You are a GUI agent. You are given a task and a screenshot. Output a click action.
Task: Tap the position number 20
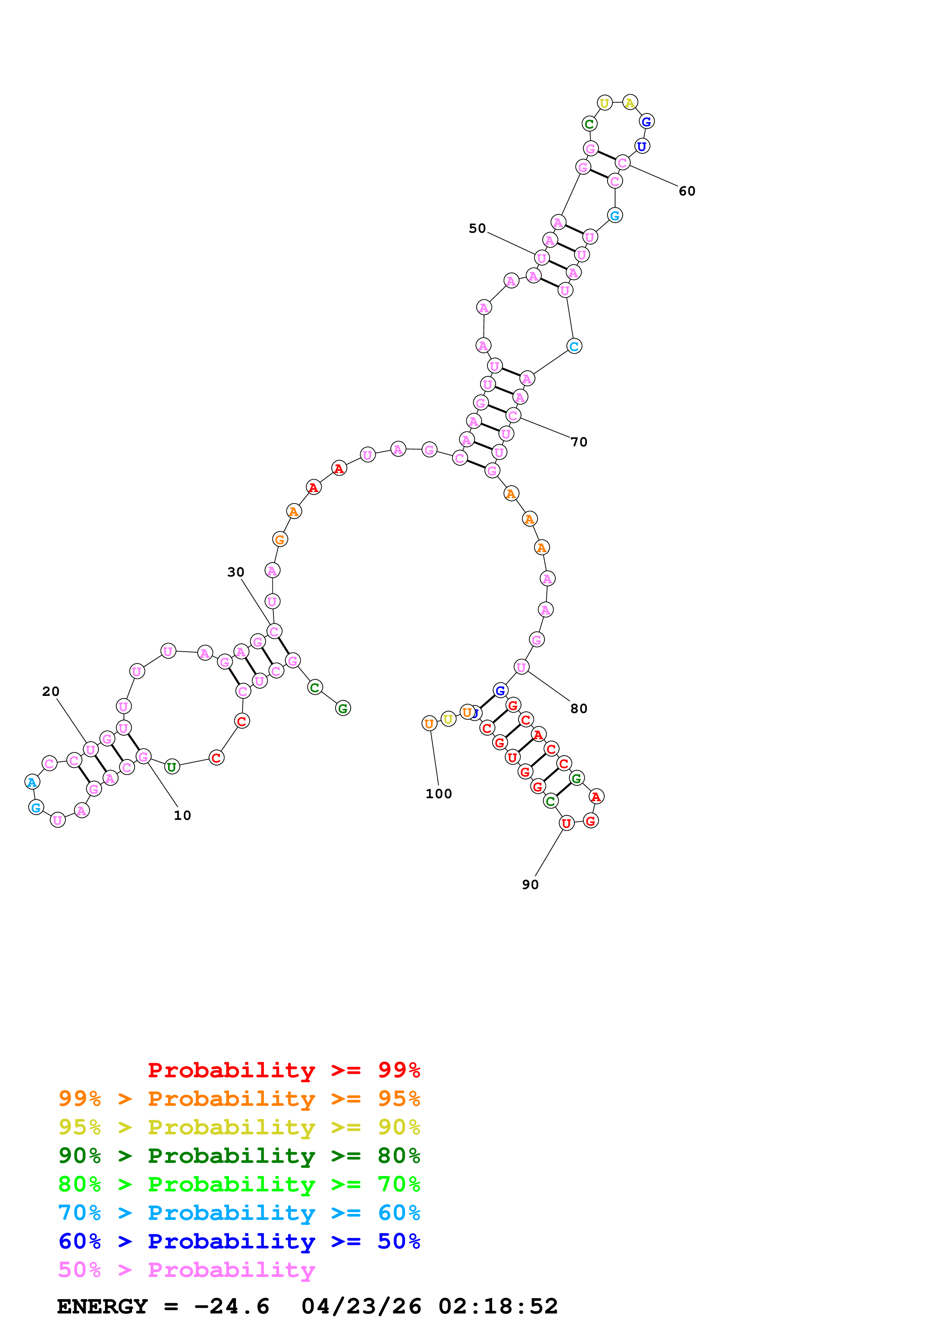51,691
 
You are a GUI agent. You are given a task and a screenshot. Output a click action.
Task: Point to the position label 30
235,572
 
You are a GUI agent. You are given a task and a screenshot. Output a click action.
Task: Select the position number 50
477,228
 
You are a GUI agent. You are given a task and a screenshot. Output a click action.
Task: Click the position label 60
687,191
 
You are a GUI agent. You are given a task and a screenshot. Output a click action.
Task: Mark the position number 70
579,442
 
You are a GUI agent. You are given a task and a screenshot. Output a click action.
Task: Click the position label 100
438,794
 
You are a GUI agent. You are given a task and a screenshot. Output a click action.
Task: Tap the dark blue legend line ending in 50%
239,1241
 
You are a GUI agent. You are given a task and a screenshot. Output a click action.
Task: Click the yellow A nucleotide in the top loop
630,103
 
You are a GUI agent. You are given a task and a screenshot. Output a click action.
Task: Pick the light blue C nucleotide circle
574,346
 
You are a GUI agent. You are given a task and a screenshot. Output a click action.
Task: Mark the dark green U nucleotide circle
172,767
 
